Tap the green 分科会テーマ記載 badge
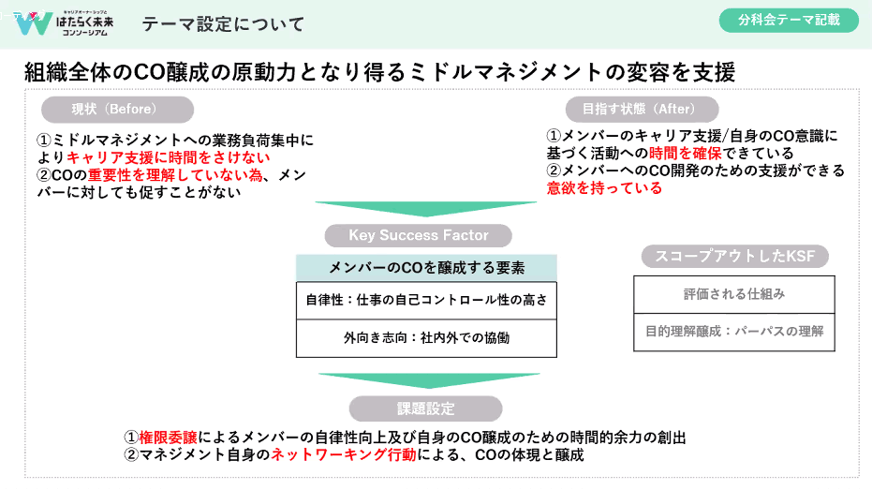click(788, 19)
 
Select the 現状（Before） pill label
click(109, 109)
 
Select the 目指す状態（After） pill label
click(643, 109)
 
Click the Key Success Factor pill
click(419, 235)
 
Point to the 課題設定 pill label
click(425, 408)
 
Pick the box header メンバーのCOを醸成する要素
click(426, 267)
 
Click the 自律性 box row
click(426, 301)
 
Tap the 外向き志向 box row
click(426, 337)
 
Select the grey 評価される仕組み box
click(733, 294)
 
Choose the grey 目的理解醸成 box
click(733, 331)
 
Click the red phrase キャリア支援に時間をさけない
click(168, 156)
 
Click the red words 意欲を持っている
click(604, 187)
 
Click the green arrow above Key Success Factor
click(426, 209)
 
